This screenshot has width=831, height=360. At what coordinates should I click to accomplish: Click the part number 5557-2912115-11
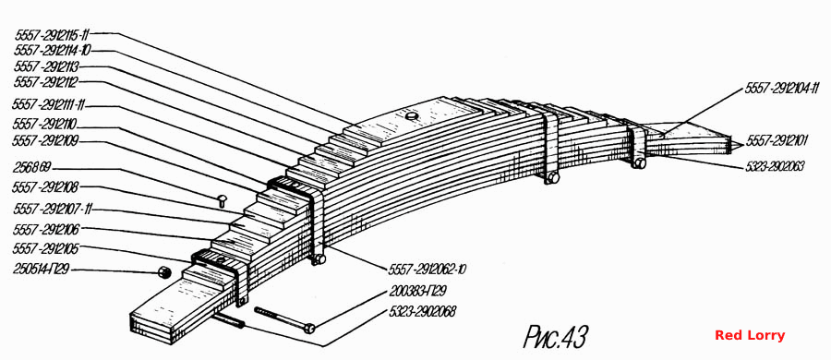click(x=52, y=35)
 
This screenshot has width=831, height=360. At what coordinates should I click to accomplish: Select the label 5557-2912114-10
click(x=53, y=51)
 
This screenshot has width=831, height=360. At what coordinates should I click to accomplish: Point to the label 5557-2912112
click(x=47, y=82)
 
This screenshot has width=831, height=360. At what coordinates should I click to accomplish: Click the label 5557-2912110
click(x=46, y=125)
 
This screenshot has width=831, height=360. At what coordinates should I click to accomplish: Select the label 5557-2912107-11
click(x=52, y=209)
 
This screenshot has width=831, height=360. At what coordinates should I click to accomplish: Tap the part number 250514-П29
click(x=42, y=269)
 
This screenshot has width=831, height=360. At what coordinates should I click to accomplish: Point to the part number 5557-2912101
click(x=777, y=141)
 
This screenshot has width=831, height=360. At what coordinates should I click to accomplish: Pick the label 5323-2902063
click(x=775, y=166)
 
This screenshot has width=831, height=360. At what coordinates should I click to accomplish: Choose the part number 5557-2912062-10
click(x=428, y=270)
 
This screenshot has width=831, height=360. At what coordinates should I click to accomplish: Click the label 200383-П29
click(x=417, y=291)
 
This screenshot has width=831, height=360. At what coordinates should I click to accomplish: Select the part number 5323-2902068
click(x=422, y=311)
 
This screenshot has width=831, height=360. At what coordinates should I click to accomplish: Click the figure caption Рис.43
click(x=556, y=336)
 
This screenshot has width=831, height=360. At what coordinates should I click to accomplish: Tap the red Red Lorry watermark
click(x=750, y=335)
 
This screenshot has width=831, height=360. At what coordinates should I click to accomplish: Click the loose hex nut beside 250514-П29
click(x=163, y=271)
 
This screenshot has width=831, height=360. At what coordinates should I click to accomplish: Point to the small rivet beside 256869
click(x=222, y=200)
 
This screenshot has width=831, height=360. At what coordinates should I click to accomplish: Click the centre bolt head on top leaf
click(x=411, y=115)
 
